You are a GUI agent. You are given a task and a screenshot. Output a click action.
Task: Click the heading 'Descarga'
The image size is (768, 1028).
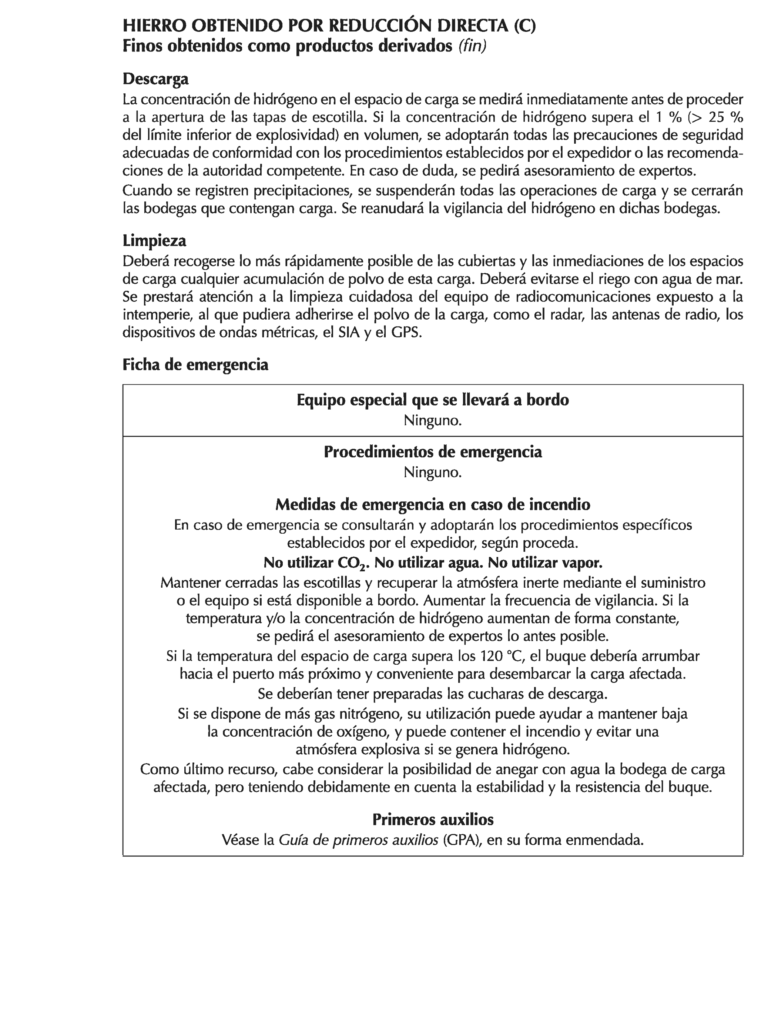155,79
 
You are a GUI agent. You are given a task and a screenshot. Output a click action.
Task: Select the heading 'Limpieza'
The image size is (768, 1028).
154,241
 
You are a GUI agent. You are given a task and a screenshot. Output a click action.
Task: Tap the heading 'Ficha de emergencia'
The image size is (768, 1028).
195,365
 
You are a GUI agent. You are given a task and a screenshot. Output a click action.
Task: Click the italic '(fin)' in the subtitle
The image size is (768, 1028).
472,46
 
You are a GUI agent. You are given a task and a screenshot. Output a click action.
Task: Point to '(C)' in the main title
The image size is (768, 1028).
524,26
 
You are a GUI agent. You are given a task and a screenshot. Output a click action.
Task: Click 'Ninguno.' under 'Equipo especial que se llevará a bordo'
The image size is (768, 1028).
432,421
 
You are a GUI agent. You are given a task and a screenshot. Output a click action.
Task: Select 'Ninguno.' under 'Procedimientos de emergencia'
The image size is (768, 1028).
432,473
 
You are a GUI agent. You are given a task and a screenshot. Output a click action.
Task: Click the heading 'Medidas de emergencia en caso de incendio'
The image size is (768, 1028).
433,504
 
